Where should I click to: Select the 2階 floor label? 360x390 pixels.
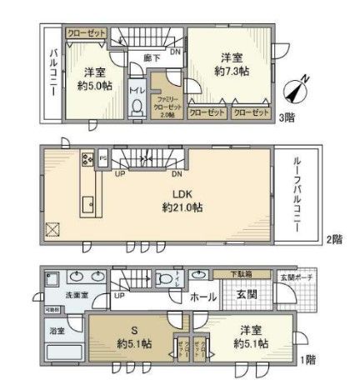[333, 239]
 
